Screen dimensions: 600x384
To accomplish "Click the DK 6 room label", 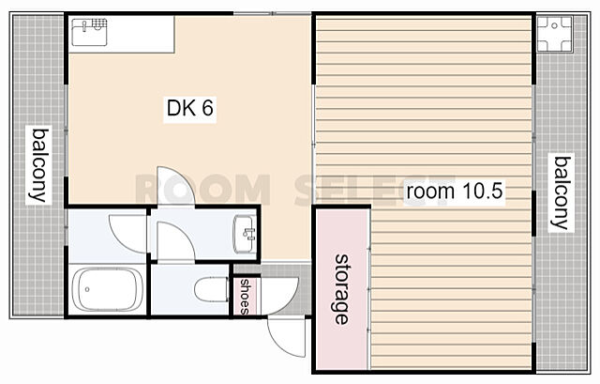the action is (x=189, y=108).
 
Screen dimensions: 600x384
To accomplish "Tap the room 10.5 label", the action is (x=454, y=191).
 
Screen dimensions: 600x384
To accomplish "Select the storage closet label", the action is (x=341, y=289).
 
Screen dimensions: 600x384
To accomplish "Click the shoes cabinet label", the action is (x=244, y=297).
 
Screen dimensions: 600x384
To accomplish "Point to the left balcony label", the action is (x=39, y=165).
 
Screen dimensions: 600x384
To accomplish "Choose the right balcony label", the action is (x=562, y=193).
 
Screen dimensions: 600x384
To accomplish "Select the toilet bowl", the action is (x=211, y=290).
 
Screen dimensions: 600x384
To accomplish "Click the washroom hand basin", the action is (x=245, y=234).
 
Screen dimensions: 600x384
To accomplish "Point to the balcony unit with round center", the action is (x=554, y=34).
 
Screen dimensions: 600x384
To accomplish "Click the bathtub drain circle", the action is (x=87, y=289).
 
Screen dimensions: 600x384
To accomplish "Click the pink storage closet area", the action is (x=341, y=289).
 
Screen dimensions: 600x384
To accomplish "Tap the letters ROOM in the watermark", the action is (x=202, y=190).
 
